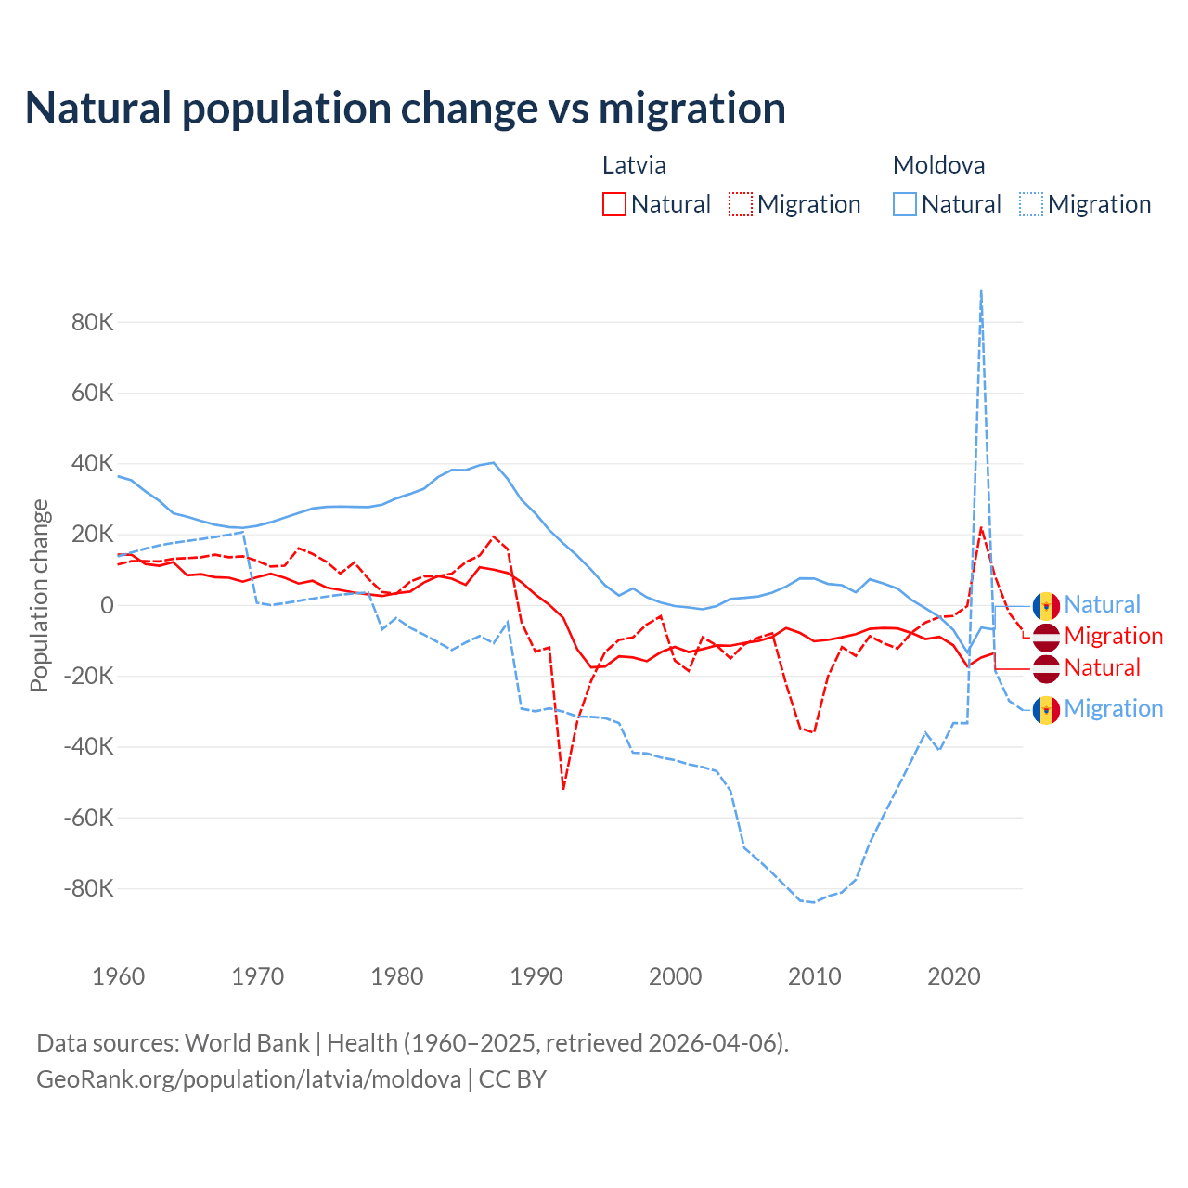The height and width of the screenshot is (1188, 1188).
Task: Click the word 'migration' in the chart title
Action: coord(691,109)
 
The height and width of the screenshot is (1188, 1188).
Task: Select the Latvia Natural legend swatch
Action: coord(613,204)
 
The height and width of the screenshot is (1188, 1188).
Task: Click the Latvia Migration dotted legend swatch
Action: coord(741,204)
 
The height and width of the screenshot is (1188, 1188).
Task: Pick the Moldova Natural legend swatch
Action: coord(904,204)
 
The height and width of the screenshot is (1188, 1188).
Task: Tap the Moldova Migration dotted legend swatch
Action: coord(1031,204)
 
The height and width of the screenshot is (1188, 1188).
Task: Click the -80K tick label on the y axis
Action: coord(89,888)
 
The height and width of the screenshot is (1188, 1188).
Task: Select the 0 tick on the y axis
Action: coord(107,605)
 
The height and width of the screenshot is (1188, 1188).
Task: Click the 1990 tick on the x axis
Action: coord(536,976)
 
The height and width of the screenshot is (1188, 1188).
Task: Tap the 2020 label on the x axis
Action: coord(954,976)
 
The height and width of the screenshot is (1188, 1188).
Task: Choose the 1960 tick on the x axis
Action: coord(119,976)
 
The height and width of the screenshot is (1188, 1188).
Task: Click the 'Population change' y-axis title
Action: coord(39,596)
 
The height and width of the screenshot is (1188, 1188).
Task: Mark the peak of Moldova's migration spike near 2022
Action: coord(981,291)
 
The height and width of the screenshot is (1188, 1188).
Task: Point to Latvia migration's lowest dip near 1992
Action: coord(563,788)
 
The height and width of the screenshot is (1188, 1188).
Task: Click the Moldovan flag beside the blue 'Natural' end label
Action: coord(1046,605)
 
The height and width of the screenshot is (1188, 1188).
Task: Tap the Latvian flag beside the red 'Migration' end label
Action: coord(1046,637)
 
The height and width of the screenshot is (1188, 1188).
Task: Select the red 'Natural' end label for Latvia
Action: coord(1102,667)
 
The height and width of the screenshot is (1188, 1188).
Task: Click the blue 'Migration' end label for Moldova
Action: coord(1113,708)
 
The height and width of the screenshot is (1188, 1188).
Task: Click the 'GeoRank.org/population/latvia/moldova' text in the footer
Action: coord(249,1079)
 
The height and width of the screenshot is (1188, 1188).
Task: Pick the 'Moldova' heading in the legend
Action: coord(938,165)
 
